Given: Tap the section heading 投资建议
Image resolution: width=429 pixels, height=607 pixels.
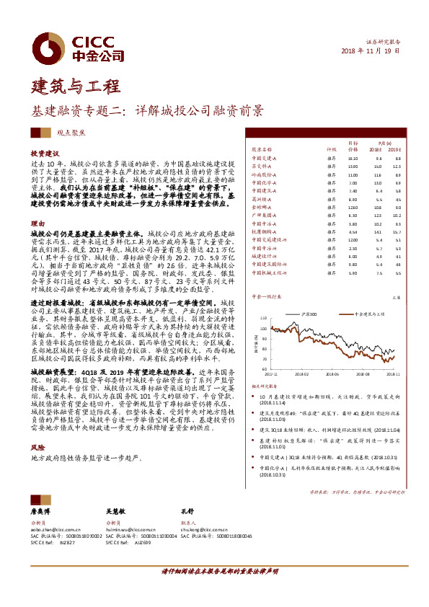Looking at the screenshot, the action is click(x=43, y=154).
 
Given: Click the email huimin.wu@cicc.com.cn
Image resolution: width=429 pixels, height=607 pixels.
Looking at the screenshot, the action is click(x=136, y=528).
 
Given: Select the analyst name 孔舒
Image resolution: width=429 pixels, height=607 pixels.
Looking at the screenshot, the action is click(x=187, y=510).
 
